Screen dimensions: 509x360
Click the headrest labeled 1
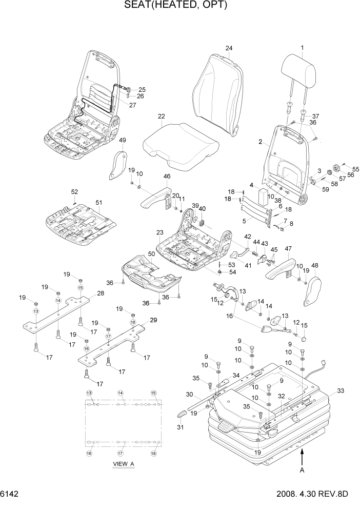(x=302, y=71)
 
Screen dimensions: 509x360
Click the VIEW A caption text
(x=123, y=464)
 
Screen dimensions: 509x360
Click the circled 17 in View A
(x=121, y=454)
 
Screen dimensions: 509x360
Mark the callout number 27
(x=132, y=105)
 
